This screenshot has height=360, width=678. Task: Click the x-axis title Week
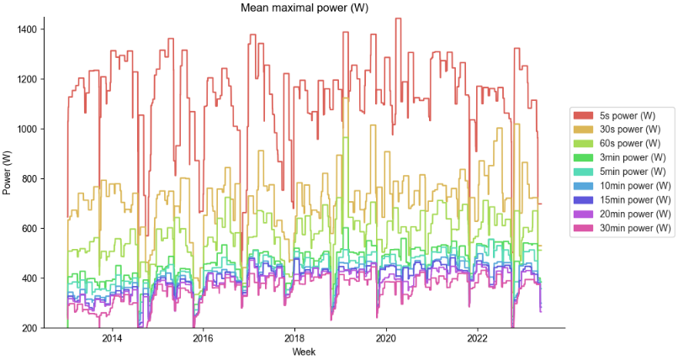click(x=304, y=352)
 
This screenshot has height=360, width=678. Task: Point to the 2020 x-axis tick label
click(x=386, y=338)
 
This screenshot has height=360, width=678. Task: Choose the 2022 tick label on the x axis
click(x=478, y=338)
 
